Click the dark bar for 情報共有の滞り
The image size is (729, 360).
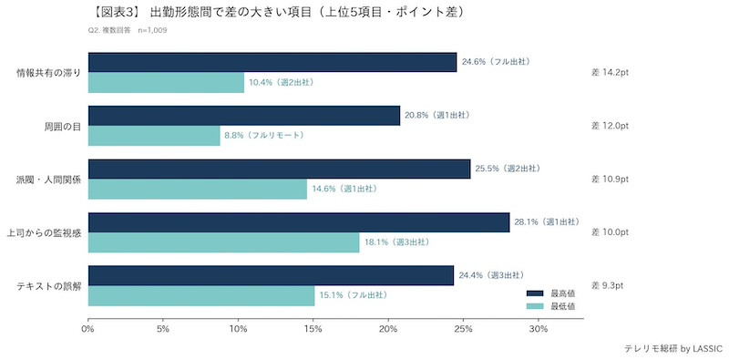(x=272, y=62)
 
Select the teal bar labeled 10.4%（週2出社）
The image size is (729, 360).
(x=166, y=83)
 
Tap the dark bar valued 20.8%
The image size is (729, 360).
(x=243, y=115)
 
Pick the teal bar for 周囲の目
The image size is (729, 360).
(x=154, y=136)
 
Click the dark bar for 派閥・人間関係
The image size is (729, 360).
(x=279, y=169)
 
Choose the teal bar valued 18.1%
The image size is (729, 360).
(x=223, y=242)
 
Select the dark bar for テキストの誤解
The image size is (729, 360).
(x=271, y=275)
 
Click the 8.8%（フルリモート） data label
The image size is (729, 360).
(x=264, y=136)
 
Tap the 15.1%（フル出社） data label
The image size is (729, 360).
(x=353, y=296)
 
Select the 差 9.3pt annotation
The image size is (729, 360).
(x=608, y=286)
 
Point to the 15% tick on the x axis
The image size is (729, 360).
(x=313, y=329)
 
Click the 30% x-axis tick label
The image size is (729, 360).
(x=539, y=329)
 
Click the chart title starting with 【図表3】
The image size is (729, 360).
(x=282, y=13)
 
